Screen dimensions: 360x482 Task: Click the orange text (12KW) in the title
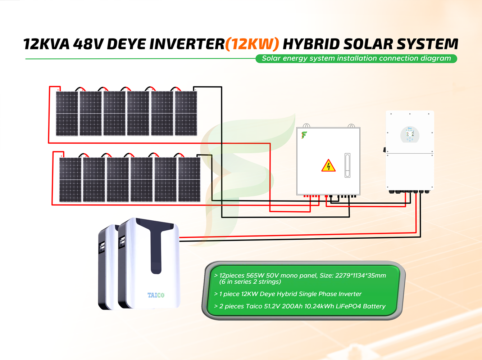pos(252,44)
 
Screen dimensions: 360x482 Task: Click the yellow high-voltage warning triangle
pos(328,166)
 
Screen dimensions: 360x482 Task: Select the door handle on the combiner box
pos(347,165)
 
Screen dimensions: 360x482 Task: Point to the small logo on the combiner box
pos(304,135)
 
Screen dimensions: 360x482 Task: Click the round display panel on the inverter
pos(410,134)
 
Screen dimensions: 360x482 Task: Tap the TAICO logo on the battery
pos(156,295)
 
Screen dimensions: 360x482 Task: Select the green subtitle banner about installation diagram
pos(356,58)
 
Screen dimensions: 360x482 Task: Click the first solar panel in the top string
pos(67,113)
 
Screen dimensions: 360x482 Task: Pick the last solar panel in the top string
pos(186,113)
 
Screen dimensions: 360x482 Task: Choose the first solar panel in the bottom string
pos(70,180)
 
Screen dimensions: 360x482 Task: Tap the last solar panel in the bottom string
pos(189,180)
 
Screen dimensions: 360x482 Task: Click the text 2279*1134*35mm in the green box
pos(360,275)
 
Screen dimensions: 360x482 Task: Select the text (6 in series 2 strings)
pos(250,282)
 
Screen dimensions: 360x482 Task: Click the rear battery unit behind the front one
pos(107,266)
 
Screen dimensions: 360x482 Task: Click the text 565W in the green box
pos(255,275)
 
